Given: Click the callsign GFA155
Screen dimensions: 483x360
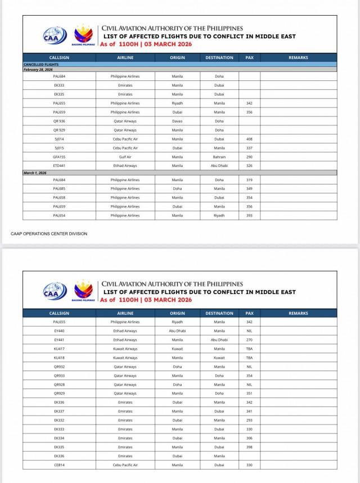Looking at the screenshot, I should (59, 157).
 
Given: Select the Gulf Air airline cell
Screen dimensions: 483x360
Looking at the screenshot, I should (125, 157).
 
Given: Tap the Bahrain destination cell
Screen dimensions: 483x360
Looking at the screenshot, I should (219, 157).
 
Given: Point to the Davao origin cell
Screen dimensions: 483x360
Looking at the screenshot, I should (177, 121).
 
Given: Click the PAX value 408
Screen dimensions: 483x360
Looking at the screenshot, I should (249, 139).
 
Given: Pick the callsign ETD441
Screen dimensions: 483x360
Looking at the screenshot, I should (59, 166).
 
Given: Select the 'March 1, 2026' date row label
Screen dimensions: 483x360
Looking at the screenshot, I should (35, 173).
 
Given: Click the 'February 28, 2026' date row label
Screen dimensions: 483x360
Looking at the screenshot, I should (38, 69).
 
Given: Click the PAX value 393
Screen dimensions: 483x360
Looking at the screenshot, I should (249, 215).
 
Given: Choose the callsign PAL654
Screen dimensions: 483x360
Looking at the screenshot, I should (59, 215).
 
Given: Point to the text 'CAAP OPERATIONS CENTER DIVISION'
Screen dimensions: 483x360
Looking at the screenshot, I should (49, 233).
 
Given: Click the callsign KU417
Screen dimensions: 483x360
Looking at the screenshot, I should (59, 349).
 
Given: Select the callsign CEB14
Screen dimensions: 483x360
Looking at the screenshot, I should (59, 465).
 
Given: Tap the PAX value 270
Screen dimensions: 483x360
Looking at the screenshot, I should (249, 340).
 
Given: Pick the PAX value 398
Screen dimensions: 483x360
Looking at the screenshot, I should (249, 447).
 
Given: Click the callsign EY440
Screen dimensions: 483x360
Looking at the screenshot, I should (59, 331).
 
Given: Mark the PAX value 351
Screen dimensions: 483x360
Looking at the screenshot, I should (249, 393).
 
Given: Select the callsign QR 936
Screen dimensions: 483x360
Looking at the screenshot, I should (59, 121).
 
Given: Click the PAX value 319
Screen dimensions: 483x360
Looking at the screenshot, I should (249, 180).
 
